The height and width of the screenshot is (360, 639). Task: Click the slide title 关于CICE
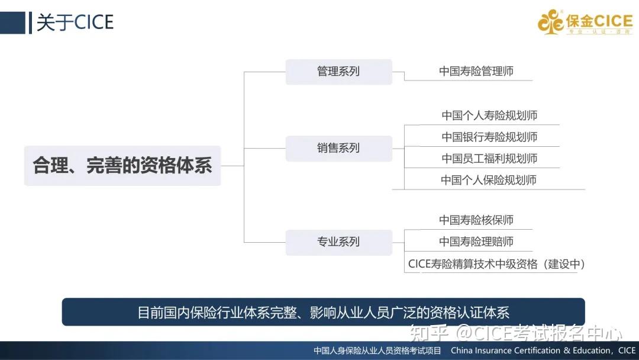(75, 22)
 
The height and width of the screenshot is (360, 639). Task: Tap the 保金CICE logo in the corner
(585, 22)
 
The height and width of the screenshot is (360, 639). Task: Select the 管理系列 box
(338, 72)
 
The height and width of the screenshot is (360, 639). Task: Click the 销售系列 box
(338, 148)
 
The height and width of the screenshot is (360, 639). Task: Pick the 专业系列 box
(338, 242)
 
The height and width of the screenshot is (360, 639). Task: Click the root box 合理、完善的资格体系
(122, 166)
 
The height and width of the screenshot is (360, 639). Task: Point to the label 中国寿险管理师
(476, 72)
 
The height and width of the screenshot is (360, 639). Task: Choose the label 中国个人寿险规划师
(489, 115)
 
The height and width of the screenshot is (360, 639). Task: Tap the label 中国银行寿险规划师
(489, 137)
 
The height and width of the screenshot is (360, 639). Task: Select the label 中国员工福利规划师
(489, 159)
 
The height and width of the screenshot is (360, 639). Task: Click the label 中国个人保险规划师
(489, 180)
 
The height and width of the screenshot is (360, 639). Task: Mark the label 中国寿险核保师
(476, 220)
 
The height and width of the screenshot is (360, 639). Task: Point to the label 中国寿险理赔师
(476, 242)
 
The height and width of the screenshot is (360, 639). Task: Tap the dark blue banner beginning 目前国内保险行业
(323, 312)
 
